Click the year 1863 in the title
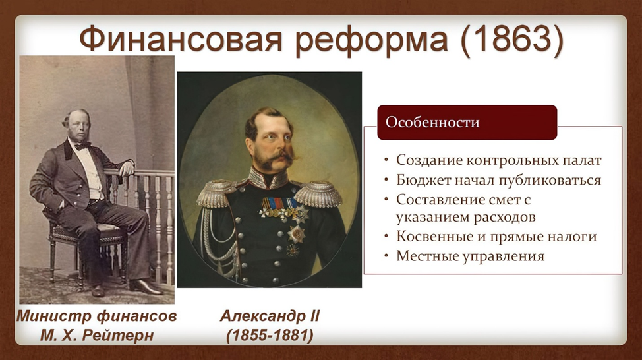click(512, 40)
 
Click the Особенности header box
click(467, 123)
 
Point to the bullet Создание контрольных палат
click(499, 160)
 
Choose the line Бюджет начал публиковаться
click(498, 180)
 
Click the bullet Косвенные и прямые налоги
click(496, 237)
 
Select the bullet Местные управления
click(470, 256)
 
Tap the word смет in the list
click(503, 200)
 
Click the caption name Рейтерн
click(118, 336)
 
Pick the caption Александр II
click(270, 316)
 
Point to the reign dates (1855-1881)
click(270, 336)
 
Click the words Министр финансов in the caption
click(97, 316)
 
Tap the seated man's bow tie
click(82, 146)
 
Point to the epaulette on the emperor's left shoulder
click(318, 194)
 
